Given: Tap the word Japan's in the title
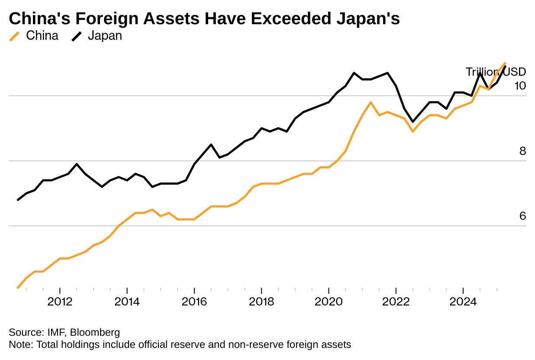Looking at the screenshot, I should (371, 19).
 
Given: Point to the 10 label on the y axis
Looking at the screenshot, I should (520, 86).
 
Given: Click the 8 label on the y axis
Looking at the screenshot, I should (522, 151).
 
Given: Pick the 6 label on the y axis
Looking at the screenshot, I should (522, 216).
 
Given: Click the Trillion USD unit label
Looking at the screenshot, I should (496, 72).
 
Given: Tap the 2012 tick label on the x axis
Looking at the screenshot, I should (60, 302).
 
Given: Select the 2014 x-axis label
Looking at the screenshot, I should (127, 302).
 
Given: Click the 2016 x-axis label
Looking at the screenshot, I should (194, 302).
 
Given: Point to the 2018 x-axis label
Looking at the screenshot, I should (261, 302).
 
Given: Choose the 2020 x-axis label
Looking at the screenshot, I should (329, 302).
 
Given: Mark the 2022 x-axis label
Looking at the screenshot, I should (396, 302).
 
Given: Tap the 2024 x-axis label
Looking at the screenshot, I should (463, 302).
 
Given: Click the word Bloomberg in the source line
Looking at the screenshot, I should (95, 333).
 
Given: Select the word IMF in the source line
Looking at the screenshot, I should (54, 333).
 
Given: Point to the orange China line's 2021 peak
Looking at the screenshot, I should (371, 102).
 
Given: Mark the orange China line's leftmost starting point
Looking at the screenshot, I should (18, 288).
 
